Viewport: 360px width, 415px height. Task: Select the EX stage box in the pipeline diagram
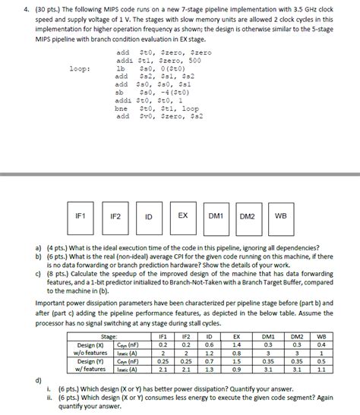[x=182, y=216]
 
